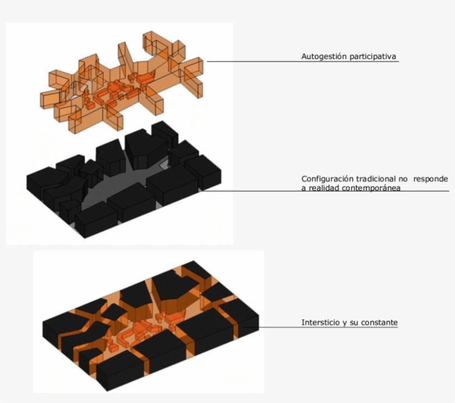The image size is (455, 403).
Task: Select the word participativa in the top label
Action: (372, 57)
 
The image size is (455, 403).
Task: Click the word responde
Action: (431, 179)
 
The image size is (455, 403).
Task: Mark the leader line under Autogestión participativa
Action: (302, 62)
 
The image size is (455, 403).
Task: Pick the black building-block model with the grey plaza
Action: (123, 179)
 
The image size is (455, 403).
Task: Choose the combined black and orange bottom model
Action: (150, 325)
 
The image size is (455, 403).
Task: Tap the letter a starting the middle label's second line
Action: (304, 188)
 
